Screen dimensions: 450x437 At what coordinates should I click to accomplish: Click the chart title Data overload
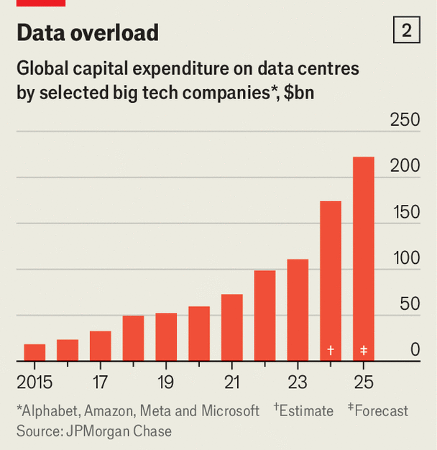click(x=87, y=32)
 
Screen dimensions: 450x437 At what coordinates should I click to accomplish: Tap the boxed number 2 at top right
click(x=407, y=31)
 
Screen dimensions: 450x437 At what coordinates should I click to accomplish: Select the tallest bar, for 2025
click(x=364, y=259)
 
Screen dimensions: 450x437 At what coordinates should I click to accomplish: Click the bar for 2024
click(x=331, y=280)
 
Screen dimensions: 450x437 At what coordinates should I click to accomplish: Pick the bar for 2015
click(x=34, y=352)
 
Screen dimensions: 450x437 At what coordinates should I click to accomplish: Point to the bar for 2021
click(x=231, y=327)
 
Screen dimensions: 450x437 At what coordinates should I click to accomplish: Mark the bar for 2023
click(x=298, y=310)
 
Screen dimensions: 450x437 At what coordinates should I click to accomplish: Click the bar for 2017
click(x=100, y=346)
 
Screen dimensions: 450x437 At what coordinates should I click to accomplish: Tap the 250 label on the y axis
click(x=405, y=120)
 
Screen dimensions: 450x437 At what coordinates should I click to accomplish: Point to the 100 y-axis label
click(x=405, y=258)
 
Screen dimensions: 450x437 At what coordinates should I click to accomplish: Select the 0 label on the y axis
click(x=415, y=350)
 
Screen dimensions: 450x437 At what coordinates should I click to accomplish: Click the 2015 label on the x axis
click(x=34, y=382)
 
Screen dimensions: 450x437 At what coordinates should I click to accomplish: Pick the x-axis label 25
click(x=364, y=382)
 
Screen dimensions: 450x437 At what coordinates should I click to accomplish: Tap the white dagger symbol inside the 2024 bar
click(x=331, y=350)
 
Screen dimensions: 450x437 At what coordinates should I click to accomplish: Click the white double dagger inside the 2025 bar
click(x=364, y=350)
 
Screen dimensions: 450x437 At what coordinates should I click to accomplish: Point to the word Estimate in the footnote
click(x=307, y=411)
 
